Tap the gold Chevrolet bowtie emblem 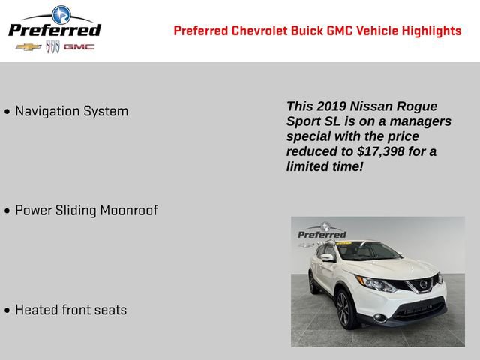coord(28,47)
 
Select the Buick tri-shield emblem coord(52,47)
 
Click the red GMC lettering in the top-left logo coord(79,47)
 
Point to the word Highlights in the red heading coord(432,31)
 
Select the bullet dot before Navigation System coord(7,112)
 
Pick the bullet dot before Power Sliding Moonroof coord(7,211)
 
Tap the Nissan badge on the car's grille coord(424,284)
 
